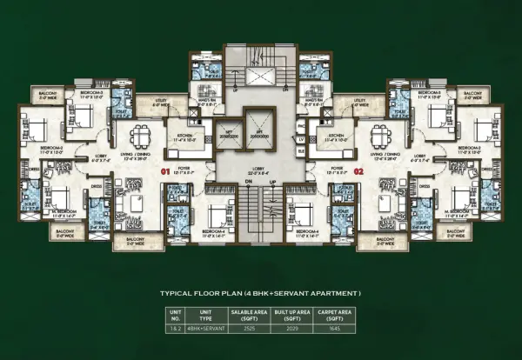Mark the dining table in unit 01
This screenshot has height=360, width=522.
[x=139, y=136]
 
